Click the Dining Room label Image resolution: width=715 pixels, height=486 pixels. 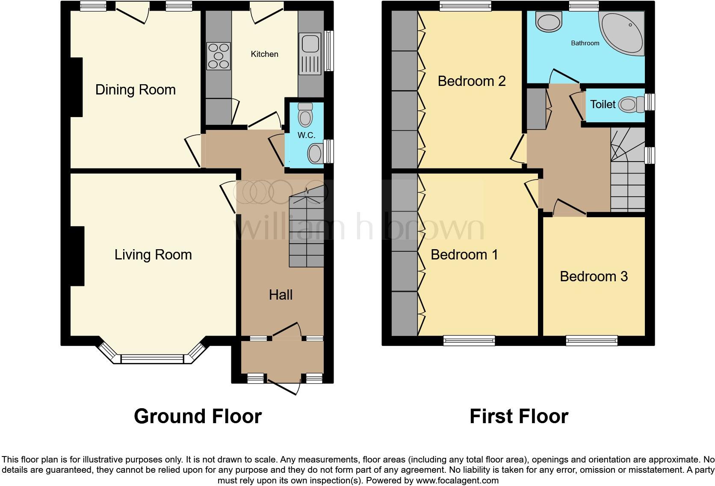[135, 90]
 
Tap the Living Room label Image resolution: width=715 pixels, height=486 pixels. [153, 255]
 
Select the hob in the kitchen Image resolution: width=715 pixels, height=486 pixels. [219, 56]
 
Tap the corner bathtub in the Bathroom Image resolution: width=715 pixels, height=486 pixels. [624, 32]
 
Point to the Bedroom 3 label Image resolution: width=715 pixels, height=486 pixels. [594, 277]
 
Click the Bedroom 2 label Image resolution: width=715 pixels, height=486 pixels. [471, 81]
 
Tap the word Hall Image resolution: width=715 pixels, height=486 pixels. [281, 295]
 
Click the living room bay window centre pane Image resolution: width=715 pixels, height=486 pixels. [153, 359]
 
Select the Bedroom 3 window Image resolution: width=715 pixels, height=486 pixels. [591, 340]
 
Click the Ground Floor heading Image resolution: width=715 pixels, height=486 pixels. [198, 416]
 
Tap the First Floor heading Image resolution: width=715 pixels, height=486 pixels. [519, 416]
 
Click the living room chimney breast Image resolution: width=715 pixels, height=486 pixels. [77, 256]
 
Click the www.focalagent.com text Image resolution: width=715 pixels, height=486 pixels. [457, 480]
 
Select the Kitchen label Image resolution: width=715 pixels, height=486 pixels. [264, 54]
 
